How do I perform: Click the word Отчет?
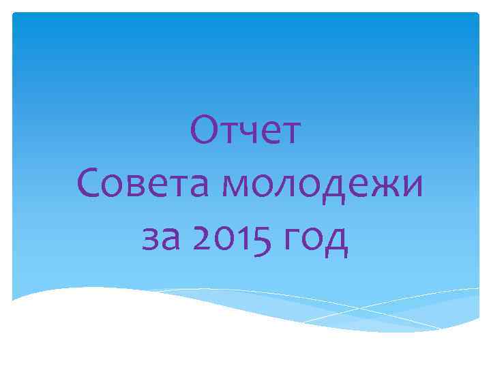coord(245,131)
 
